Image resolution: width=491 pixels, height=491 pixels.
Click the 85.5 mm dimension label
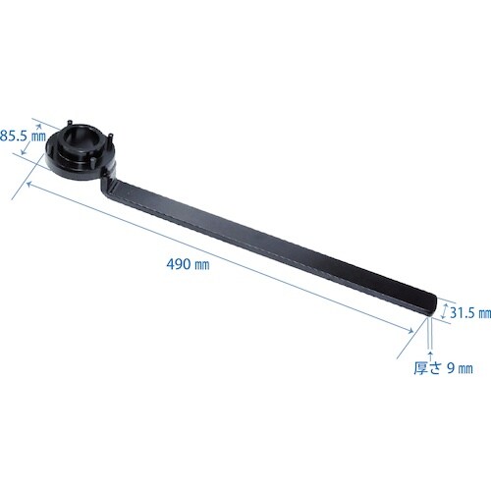[23, 136]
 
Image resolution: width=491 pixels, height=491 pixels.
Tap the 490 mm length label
[188, 264]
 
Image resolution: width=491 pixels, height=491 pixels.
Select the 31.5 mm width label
[470, 313]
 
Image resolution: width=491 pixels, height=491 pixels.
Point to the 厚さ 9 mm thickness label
[443, 368]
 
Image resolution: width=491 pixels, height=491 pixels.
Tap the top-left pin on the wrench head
[70, 124]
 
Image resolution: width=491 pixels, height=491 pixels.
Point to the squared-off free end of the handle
[431, 305]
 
